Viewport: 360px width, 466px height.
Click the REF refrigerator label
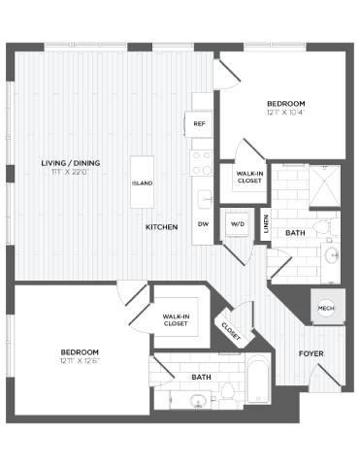click(201, 123)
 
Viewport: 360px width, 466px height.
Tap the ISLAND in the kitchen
click(142, 182)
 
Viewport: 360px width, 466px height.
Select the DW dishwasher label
click(203, 224)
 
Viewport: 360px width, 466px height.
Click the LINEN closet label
click(266, 221)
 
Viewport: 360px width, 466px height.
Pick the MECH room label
click(326, 308)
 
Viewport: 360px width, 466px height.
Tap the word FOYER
click(311, 353)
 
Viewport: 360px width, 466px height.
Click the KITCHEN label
click(161, 226)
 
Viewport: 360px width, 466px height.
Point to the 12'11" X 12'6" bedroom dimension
click(80, 362)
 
